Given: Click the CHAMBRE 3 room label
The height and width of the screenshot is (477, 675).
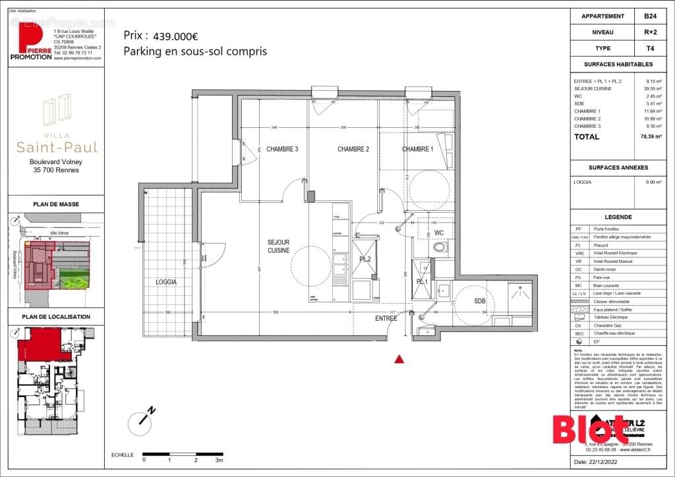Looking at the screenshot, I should click(282, 150).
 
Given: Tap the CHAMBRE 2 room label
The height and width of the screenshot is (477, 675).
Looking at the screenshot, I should click(353, 150).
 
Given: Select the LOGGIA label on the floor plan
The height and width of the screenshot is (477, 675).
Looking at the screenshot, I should click(167, 281).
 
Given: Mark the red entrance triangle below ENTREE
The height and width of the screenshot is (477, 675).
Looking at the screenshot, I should click(398, 359).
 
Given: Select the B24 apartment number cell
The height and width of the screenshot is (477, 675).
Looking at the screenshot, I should click(650, 16).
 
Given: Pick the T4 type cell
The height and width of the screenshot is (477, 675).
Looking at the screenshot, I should click(650, 48).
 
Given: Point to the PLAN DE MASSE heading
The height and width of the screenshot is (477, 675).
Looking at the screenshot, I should click(56, 204).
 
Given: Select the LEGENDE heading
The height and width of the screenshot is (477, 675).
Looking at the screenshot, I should click(618, 217).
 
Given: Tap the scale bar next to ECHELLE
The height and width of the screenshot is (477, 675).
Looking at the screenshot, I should click(183, 454).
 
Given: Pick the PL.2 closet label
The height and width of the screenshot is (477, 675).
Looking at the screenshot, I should click(365, 260).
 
